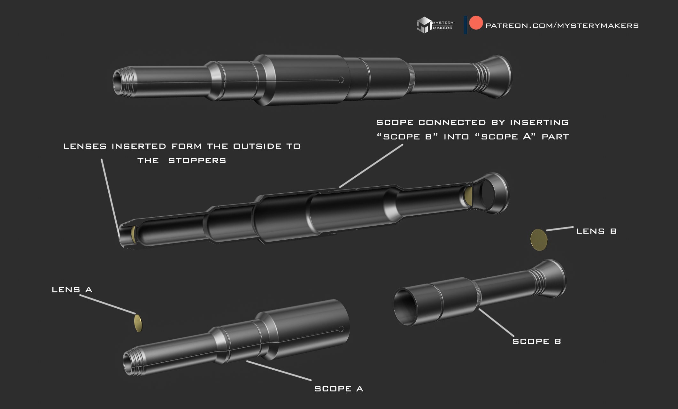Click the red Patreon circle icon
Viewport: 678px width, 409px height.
[476, 23]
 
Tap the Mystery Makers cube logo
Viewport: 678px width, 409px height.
[424, 25]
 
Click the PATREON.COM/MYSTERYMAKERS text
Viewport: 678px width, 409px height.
[562, 26]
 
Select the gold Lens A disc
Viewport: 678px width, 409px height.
[138, 323]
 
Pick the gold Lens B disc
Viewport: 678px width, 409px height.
[539, 240]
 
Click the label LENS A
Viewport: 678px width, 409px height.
[72, 290]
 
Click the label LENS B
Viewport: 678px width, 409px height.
[596, 231]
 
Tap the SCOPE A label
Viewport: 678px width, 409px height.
[339, 389]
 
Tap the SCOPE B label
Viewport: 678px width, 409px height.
[536, 341]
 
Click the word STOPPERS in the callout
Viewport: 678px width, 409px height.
[197, 161]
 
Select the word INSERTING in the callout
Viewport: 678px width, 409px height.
[539, 122]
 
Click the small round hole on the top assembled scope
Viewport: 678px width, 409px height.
[341, 80]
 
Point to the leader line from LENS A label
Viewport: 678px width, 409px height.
[107, 304]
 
